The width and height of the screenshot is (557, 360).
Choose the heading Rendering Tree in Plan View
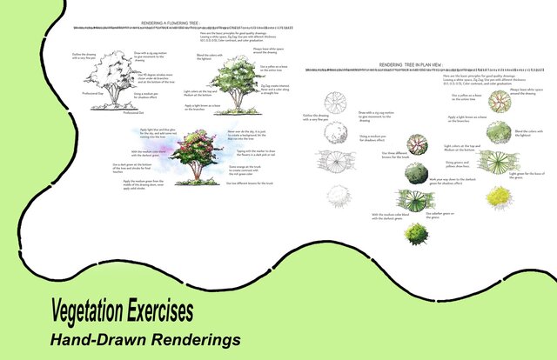[x=408, y=64]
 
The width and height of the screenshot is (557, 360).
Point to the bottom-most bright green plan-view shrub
[x=417, y=233]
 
